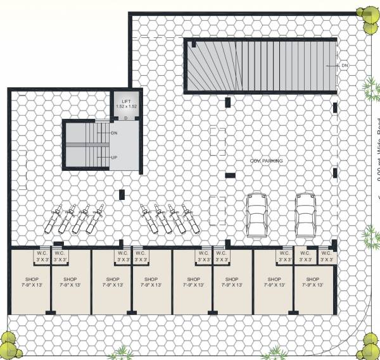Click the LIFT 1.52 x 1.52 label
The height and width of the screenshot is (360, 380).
126,104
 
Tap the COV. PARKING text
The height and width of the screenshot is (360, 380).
266,161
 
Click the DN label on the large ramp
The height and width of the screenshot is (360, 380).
345,65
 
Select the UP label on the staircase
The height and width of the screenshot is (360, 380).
114,158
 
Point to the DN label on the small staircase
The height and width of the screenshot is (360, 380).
114,133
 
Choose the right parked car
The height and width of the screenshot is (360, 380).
305,214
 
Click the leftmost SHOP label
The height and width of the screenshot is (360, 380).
31,282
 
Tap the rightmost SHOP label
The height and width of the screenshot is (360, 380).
312,282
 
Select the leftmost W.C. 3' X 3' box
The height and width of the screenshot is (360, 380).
42,256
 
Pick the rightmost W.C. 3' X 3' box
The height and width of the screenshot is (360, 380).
327,256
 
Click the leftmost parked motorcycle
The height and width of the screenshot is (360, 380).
51,220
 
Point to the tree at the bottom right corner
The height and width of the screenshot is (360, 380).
369,346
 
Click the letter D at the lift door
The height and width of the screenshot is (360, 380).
126,118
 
